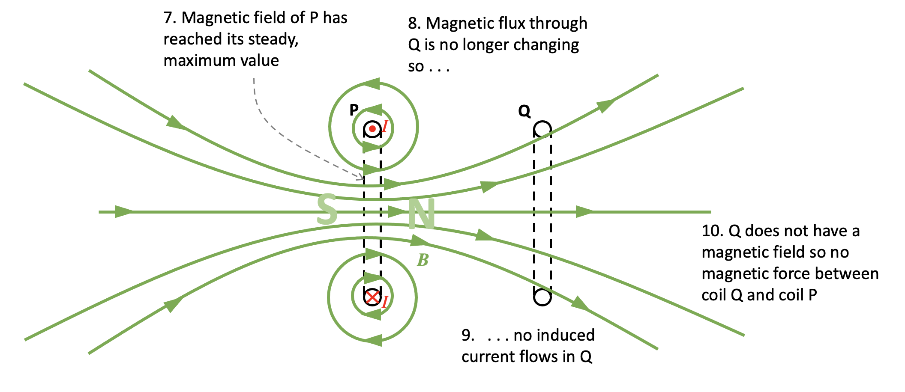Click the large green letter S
pyautogui.click(x=327, y=209)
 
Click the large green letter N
pyautogui.click(x=421, y=214)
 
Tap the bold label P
pyautogui.click(x=354, y=110)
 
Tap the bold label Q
pyautogui.click(x=524, y=111)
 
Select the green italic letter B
pyautogui.click(x=423, y=260)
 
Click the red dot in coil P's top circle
pyautogui.click(x=372, y=129)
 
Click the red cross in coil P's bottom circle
pyautogui.click(x=372, y=297)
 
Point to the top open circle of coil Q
pyautogui.click(x=542, y=129)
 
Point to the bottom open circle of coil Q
pyautogui.click(x=542, y=297)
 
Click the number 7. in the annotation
pyautogui.click(x=170, y=18)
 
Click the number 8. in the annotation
pyautogui.click(x=414, y=24)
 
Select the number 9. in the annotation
pyautogui.click(x=468, y=336)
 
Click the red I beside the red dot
pyautogui.click(x=385, y=126)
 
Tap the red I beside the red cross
pyautogui.click(x=385, y=302)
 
